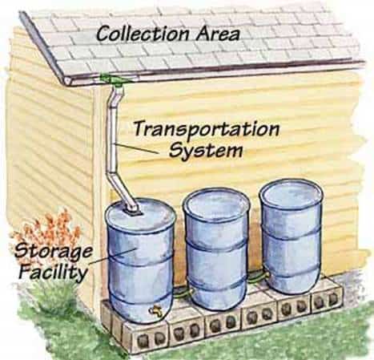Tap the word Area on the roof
tap(217, 34)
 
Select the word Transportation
tap(207, 129)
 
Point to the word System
tap(206, 150)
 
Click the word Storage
tap(54, 252)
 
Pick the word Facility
tap(54, 272)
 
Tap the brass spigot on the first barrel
tap(156, 310)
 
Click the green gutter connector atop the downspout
tap(115, 79)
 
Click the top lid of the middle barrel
tap(216, 204)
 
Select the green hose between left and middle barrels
tap(183, 293)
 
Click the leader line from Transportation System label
tap(136, 148)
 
